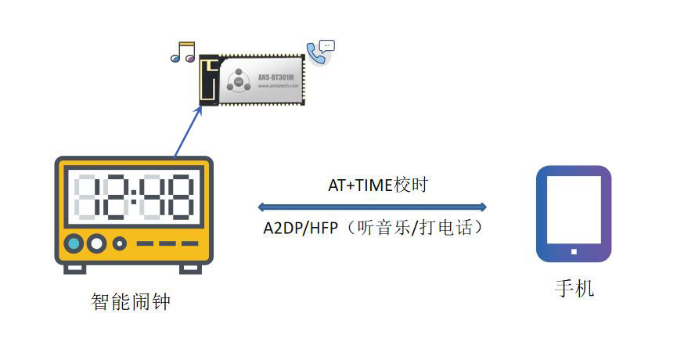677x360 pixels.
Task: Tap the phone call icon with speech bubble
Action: [x=319, y=52]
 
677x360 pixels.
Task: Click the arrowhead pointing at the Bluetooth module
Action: [x=200, y=108]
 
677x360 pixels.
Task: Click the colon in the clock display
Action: [x=133, y=196]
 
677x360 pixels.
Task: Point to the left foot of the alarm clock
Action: [x=75, y=268]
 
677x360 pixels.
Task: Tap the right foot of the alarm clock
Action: [x=190, y=268]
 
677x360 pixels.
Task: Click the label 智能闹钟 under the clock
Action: [x=130, y=301]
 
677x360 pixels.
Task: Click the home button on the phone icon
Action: [x=573, y=252]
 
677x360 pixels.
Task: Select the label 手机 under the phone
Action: [x=574, y=288]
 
